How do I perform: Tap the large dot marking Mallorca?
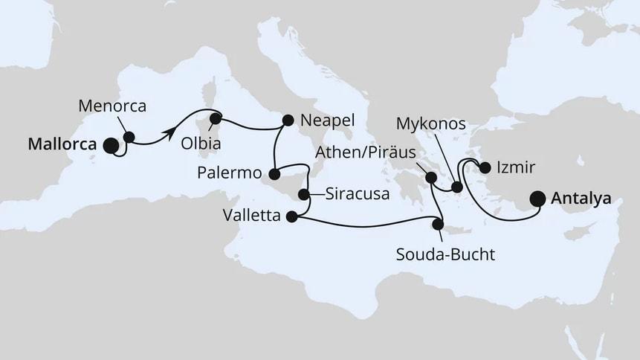pos(111,146)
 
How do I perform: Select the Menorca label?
pos(111,106)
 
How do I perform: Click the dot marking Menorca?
pos(129,137)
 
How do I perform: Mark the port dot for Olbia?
pos(215,118)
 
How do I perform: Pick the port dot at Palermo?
pos(274,174)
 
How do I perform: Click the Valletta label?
pos(253,217)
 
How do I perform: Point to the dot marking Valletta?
pos(291,217)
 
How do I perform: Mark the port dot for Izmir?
pos(485,167)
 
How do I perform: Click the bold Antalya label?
pos(581,199)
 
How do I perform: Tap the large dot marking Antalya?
pos(538,199)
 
